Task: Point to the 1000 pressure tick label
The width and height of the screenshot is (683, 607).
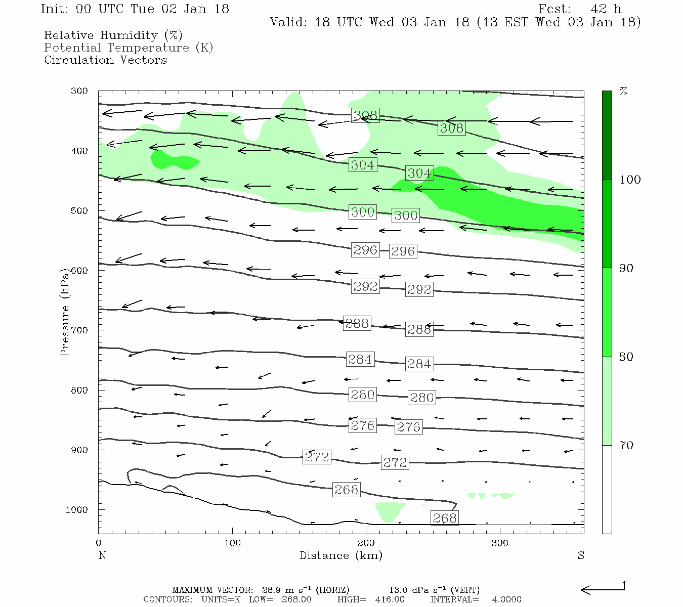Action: point(77,510)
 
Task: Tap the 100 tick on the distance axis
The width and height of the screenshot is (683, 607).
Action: point(232,543)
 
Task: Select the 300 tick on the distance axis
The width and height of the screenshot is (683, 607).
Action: point(500,543)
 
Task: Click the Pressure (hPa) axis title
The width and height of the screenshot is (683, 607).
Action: point(64,312)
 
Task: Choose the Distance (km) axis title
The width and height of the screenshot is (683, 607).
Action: point(340,555)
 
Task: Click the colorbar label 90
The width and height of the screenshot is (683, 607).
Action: point(626,268)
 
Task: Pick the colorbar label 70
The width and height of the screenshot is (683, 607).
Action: point(626,446)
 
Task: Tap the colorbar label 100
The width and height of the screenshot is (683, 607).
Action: point(630,180)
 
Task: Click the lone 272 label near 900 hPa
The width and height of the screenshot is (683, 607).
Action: point(317,457)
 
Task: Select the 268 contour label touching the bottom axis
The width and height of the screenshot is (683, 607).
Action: point(444,517)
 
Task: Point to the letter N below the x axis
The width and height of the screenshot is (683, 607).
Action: point(102,555)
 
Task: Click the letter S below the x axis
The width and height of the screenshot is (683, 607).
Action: point(581,555)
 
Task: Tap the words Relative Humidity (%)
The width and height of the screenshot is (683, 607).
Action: point(113,35)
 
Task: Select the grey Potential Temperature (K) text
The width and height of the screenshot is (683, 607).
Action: point(129,48)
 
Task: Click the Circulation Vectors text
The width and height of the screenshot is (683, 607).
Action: point(105,60)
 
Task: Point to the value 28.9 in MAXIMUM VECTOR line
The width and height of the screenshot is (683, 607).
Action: point(271,590)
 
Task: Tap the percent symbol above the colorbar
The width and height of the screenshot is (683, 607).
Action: point(623,92)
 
